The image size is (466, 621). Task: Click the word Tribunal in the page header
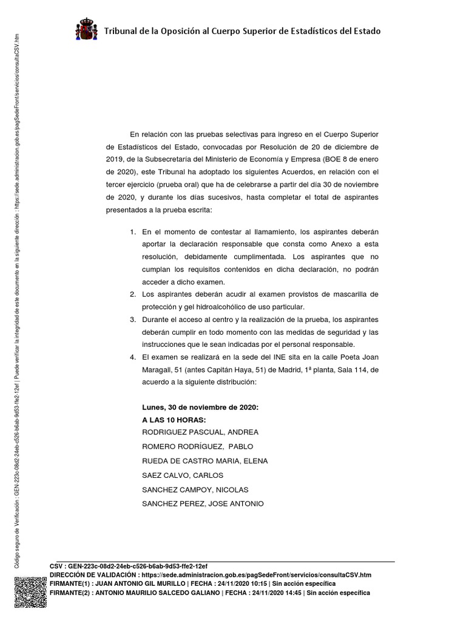tap(123, 31)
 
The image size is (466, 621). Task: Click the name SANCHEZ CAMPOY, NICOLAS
tap(195, 489)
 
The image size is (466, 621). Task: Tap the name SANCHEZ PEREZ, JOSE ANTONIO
tap(202, 504)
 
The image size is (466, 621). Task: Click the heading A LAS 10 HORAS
tap(174, 420)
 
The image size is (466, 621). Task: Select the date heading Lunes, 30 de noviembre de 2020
tap(200, 408)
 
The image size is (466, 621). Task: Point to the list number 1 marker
tap(133, 232)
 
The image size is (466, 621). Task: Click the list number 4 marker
tap(133, 356)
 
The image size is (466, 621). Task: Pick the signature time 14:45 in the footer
tap(291, 592)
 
